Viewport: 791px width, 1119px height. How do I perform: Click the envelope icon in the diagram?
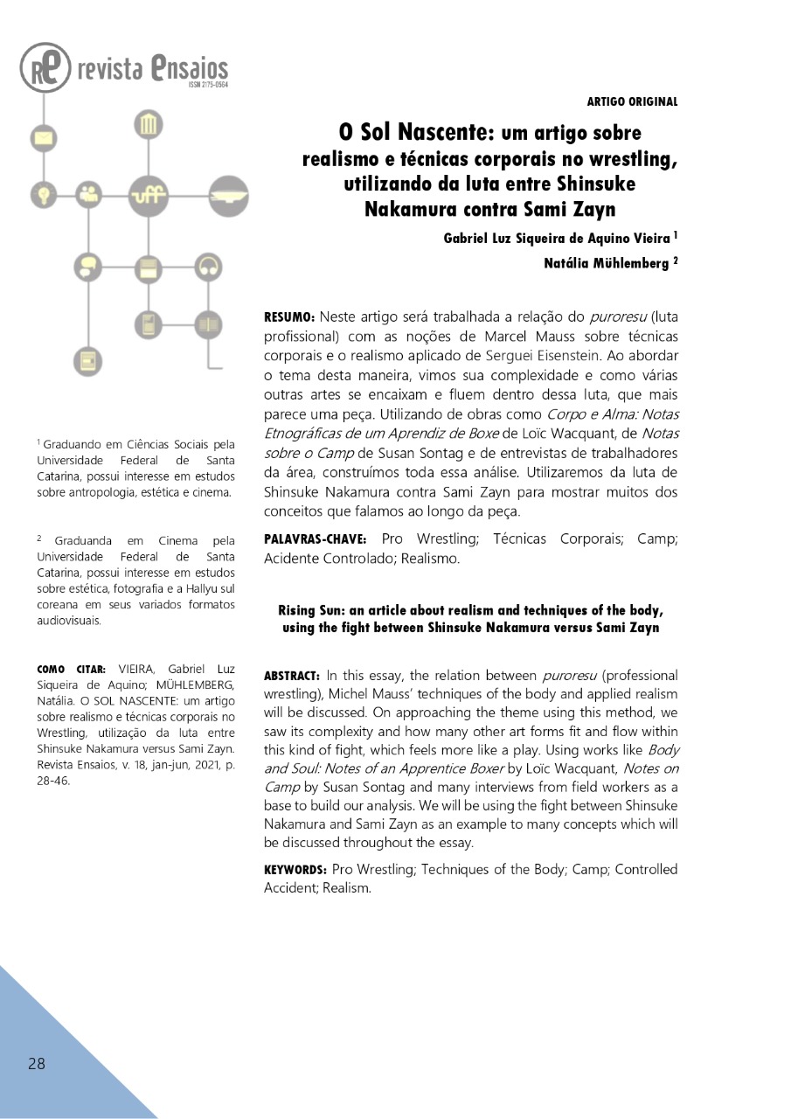pyautogui.click(x=42, y=137)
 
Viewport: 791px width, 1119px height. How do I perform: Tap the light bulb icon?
pyautogui.click(x=42, y=193)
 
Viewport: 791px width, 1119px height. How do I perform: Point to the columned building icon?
pyautogui.click(x=148, y=126)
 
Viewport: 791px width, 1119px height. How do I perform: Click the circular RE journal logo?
pyautogui.click(x=45, y=68)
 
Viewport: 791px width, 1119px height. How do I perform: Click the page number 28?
pyautogui.click(x=36, y=1064)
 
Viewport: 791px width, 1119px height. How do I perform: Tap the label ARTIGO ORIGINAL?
pyautogui.click(x=632, y=101)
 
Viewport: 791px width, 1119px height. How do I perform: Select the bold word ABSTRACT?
pyautogui.click(x=293, y=676)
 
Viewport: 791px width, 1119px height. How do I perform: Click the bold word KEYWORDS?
pyautogui.click(x=295, y=870)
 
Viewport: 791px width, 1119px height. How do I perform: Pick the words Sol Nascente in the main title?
pyautogui.click(x=417, y=133)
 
